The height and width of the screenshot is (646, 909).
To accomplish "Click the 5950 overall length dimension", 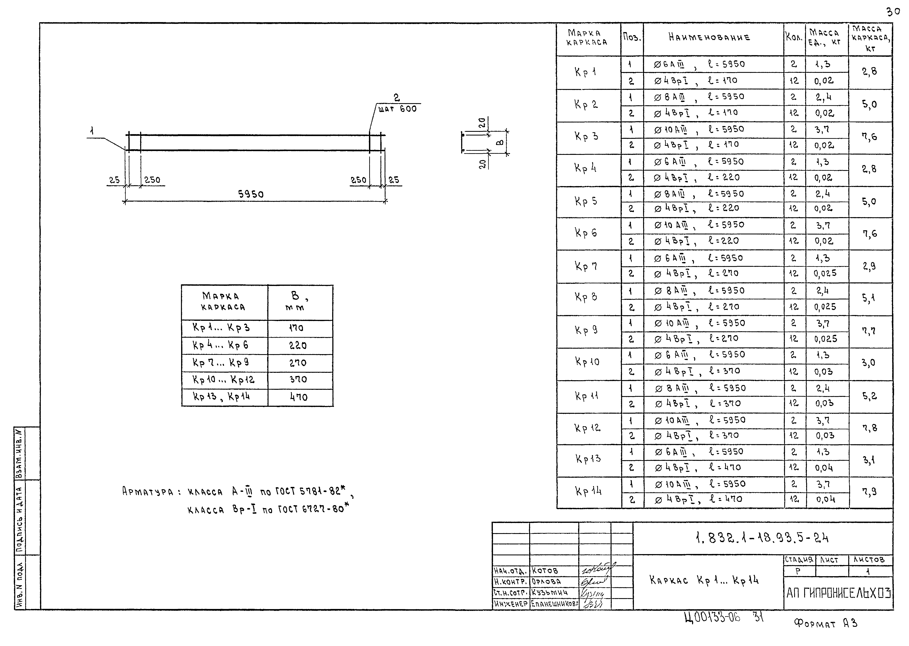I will pos(251,194).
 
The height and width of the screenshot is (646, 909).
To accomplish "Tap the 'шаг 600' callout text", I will pos(397,109).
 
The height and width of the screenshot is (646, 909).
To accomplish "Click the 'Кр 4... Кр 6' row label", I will pos(221,345).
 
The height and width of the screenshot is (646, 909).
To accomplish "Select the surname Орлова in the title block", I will pos(546,582).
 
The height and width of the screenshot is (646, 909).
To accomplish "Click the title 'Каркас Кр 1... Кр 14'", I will pos(704,580).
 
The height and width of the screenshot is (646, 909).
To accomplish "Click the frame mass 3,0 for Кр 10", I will pos(869,363).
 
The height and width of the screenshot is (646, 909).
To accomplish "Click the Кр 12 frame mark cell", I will pos(587,428).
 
